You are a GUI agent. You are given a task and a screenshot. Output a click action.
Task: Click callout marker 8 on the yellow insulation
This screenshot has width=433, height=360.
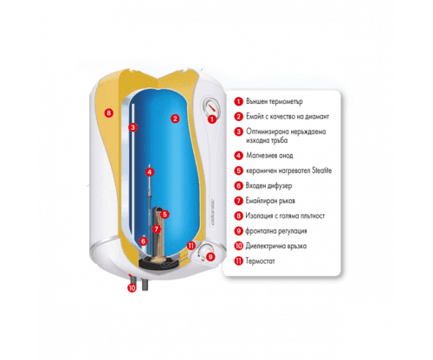108,112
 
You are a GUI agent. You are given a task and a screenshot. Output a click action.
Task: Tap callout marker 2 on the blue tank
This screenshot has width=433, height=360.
175,119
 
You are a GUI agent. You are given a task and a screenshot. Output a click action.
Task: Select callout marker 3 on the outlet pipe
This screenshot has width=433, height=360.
132,127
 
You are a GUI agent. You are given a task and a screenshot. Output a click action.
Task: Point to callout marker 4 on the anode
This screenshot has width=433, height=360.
149,172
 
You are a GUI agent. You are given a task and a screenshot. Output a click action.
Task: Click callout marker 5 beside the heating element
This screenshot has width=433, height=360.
165,215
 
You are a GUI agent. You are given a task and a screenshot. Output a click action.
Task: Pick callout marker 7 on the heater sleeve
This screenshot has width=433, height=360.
156,229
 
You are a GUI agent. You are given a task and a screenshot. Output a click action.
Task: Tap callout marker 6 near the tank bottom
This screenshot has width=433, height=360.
143,241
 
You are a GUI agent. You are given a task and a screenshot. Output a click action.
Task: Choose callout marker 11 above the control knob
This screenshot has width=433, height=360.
191,246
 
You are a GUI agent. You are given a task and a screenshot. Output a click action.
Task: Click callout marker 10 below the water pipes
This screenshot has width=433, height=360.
132,287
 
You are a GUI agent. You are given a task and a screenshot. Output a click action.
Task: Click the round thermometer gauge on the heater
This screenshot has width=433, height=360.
211,106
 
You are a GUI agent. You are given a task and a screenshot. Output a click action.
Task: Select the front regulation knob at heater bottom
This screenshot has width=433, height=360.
204,250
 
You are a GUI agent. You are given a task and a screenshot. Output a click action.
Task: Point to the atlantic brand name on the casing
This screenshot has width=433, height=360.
213,212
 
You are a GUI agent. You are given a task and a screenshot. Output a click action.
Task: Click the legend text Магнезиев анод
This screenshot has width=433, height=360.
269,156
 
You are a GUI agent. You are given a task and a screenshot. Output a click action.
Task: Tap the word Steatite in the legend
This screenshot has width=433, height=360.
322,170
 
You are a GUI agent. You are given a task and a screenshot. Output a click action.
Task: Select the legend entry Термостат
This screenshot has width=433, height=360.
260,261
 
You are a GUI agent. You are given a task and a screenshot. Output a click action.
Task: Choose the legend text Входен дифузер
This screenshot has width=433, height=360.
268,186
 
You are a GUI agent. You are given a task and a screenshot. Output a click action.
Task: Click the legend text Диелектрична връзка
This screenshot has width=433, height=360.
276,246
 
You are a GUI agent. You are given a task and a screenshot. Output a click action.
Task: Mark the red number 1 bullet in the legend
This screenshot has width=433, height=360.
238,101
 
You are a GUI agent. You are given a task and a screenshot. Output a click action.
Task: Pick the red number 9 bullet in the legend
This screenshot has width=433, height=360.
238,231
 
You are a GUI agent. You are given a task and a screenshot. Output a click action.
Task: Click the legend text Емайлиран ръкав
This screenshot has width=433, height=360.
270,201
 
